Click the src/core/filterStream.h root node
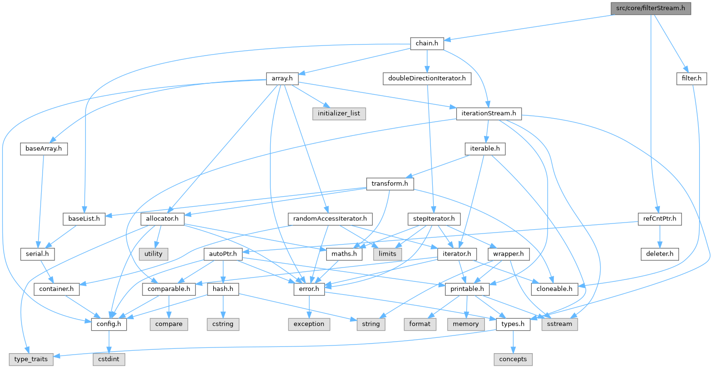(650, 8)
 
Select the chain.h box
(427, 44)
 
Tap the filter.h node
(691, 78)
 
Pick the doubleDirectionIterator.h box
(427, 78)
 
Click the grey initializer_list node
(339, 114)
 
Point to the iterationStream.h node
(488, 114)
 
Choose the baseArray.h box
(44, 149)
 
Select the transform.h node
(389, 184)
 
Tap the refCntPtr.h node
(660, 219)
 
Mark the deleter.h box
(660, 254)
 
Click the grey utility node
(153, 254)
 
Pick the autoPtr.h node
(222, 254)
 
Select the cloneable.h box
(554, 289)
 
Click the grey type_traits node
(31, 359)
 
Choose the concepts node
(513, 359)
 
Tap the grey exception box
(309, 324)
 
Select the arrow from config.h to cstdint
(110, 342)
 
